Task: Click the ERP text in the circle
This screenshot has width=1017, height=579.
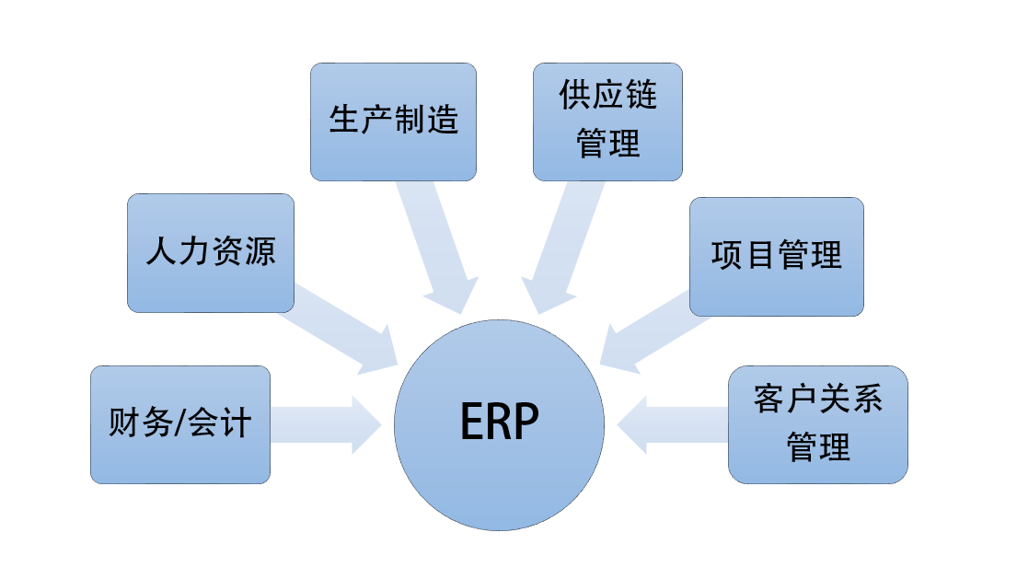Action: [x=499, y=423]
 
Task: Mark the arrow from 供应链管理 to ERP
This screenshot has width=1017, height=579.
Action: [x=565, y=244]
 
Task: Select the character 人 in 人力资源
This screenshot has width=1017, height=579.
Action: [x=161, y=251]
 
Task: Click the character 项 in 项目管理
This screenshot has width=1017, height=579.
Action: [x=726, y=255]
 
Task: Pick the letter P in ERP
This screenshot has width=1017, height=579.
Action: [x=526, y=423]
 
